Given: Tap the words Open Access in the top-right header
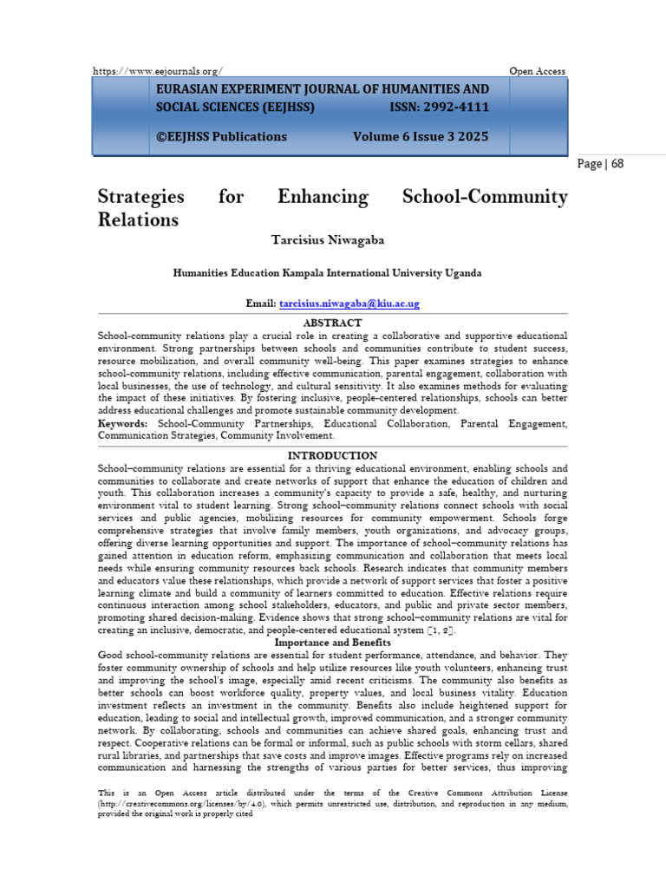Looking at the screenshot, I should [538, 71].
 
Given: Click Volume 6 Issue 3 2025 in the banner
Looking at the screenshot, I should [421, 136].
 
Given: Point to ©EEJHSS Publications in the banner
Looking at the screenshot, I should [220, 136].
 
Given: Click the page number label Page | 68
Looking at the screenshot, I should [600, 164].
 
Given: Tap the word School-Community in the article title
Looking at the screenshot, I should [485, 197].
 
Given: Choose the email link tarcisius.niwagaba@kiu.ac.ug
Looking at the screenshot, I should [349, 303].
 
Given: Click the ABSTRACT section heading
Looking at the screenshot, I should [332, 323].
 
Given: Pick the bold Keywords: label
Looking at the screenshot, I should [122, 423].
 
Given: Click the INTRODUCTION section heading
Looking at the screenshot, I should [332, 455].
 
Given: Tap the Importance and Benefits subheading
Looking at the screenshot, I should [332, 643].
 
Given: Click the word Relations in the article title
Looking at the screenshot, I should [138, 219].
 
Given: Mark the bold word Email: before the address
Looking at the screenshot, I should [261, 303].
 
